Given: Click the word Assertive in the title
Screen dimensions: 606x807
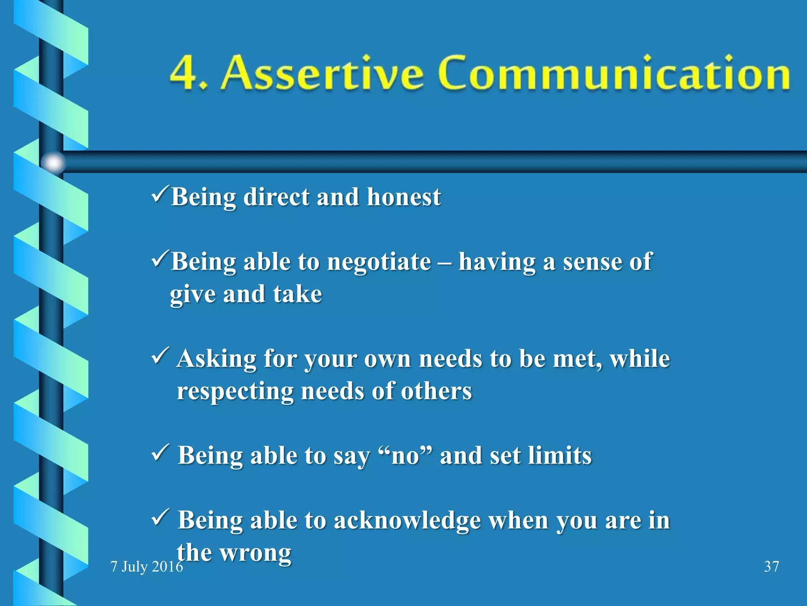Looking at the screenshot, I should (321, 73).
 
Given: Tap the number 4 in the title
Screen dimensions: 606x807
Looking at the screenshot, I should (183, 73).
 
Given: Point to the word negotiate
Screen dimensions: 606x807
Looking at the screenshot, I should (379, 262).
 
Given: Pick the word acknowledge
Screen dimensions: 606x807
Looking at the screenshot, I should (407, 521).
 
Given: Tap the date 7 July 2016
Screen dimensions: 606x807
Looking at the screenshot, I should (147, 567).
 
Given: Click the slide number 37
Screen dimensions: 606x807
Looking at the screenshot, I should (771, 567).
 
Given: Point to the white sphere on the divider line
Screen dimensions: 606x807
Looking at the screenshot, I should (53, 162).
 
